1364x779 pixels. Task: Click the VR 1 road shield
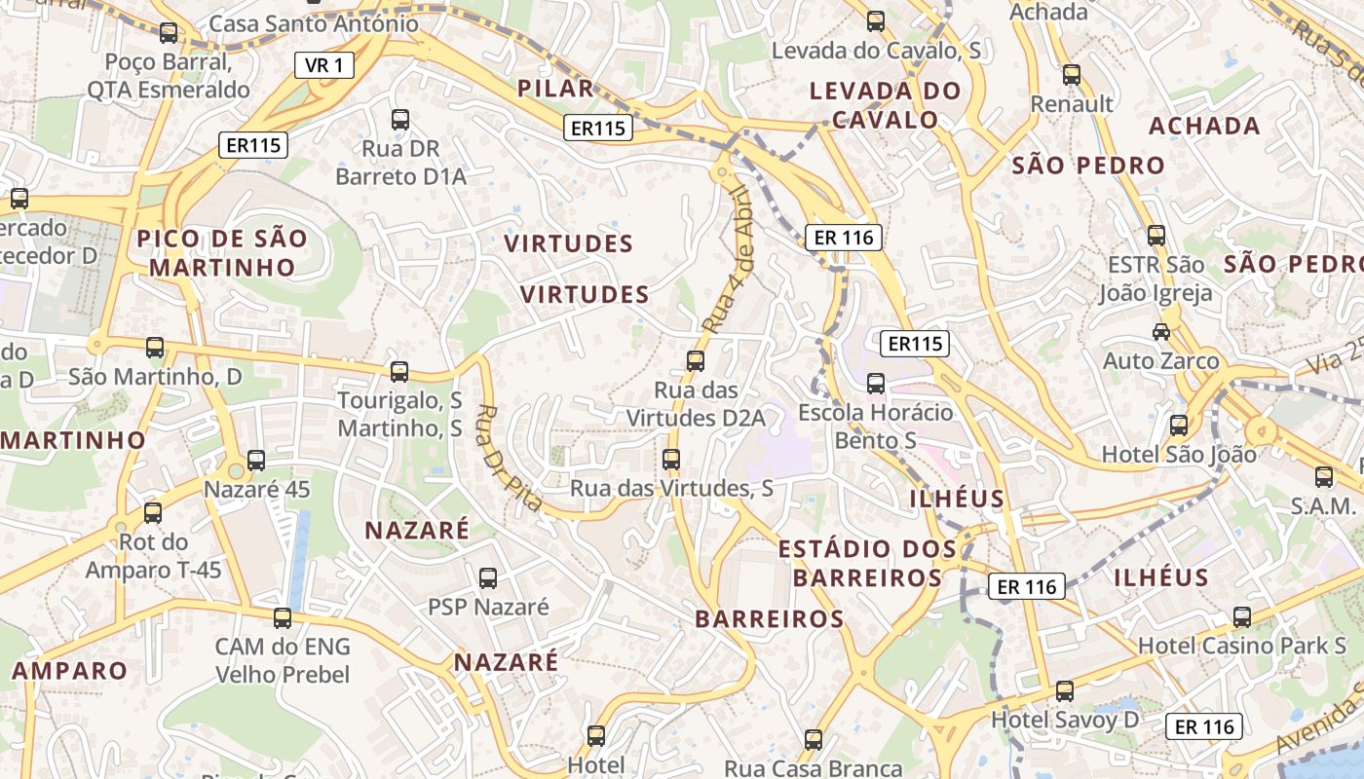(324, 65)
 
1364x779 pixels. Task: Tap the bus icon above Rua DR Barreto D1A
(399, 120)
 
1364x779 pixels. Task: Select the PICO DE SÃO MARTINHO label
(222, 252)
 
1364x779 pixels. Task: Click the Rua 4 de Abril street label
(732, 260)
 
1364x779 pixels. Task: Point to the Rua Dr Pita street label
(510, 458)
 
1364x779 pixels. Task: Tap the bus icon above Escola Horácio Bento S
(875, 384)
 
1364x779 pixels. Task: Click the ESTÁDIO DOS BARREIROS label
(867, 563)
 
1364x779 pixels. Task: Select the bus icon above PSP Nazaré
(488, 578)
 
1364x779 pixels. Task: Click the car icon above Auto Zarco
(1160, 332)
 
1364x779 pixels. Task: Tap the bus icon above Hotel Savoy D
(1064, 691)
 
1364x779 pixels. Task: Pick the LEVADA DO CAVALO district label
(886, 105)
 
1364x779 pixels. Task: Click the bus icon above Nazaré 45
(256, 461)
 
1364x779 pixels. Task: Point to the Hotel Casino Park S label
(1241, 646)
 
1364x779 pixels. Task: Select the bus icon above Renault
(1072, 75)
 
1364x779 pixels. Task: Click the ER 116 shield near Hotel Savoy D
(1204, 726)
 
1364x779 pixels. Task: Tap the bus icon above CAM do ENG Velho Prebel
(282, 617)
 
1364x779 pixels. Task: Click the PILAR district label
(555, 89)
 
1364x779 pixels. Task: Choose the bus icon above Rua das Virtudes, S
(670, 460)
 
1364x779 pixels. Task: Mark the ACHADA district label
(1204, 126)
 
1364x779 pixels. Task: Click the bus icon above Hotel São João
(1179, 426)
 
